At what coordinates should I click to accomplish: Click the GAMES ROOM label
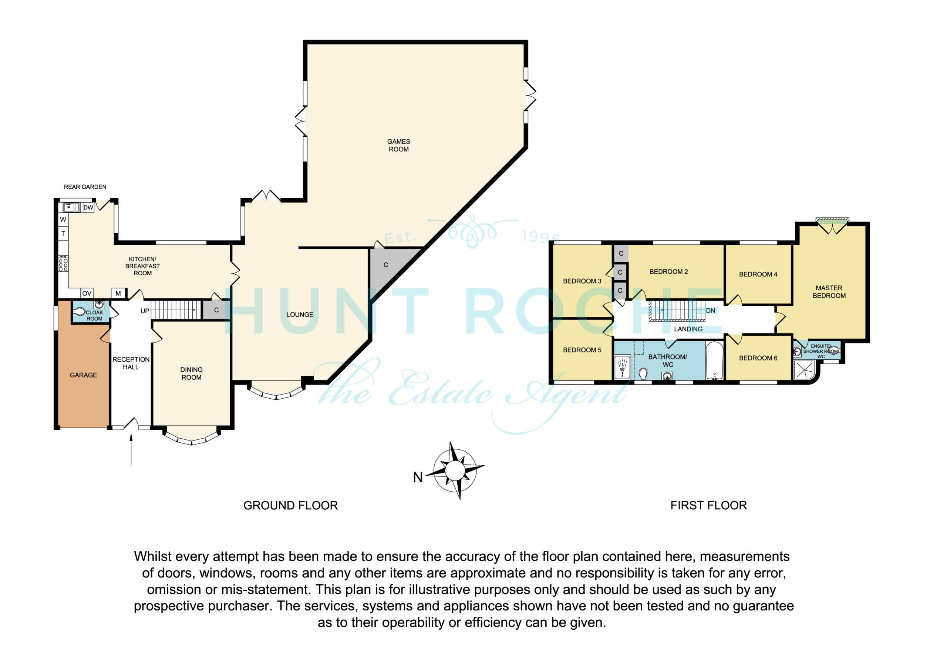(398, 145)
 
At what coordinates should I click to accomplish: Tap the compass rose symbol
(455, 470)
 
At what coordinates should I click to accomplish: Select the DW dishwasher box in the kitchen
(88, 208)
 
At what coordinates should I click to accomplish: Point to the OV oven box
(87, 294)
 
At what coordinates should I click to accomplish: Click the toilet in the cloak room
(79, 312)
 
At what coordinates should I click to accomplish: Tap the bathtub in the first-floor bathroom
(714, 361)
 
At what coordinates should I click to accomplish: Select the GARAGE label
(83, 375)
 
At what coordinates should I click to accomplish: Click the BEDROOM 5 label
(582, 350)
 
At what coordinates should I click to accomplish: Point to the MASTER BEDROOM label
(829, 292)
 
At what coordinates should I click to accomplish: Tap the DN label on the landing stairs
(711, 311)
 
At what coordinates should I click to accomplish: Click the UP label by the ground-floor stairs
(145, 311)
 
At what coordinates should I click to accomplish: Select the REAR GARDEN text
(85, 187)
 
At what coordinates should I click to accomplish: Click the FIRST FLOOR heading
(709, 505)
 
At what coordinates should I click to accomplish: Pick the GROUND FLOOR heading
(290, 505)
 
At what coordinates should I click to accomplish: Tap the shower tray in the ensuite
(804, 370)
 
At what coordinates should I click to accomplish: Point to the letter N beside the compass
(418, 478)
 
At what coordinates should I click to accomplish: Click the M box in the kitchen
(118, 294)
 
